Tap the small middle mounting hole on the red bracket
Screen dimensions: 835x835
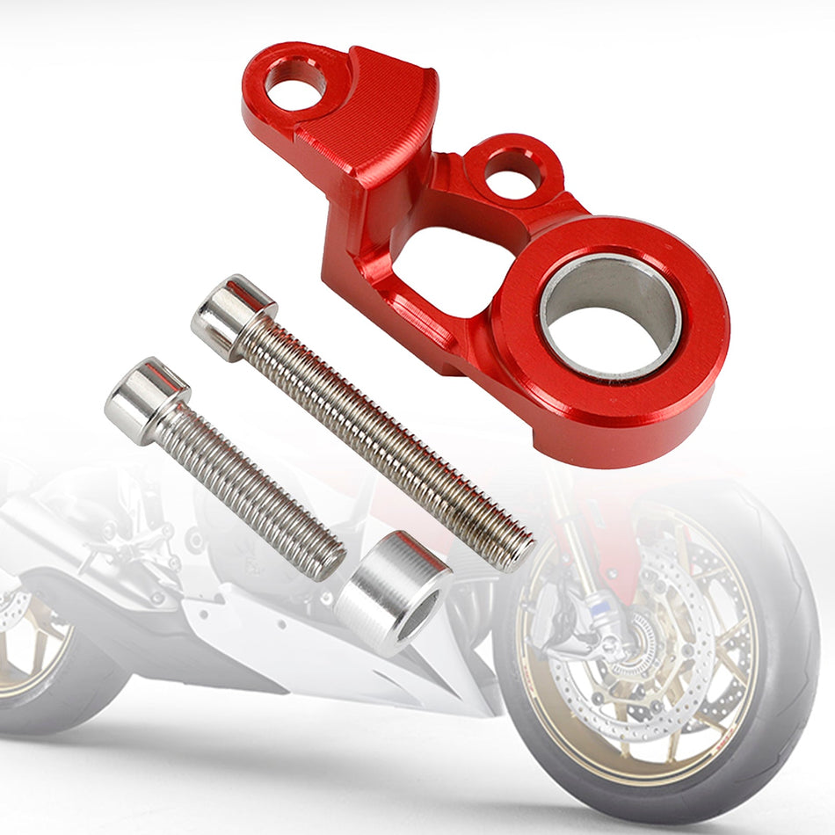(x=512, y=173)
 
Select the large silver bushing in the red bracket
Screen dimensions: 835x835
(x=611, y=316)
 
